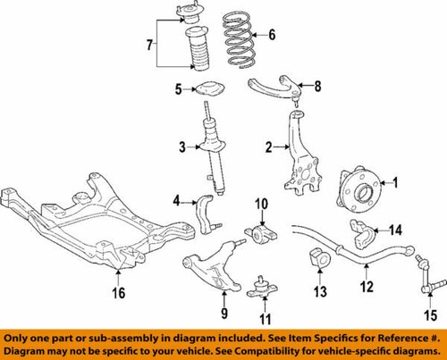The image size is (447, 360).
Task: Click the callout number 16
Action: (118, 294)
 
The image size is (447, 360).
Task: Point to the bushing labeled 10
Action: (263, 235)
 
